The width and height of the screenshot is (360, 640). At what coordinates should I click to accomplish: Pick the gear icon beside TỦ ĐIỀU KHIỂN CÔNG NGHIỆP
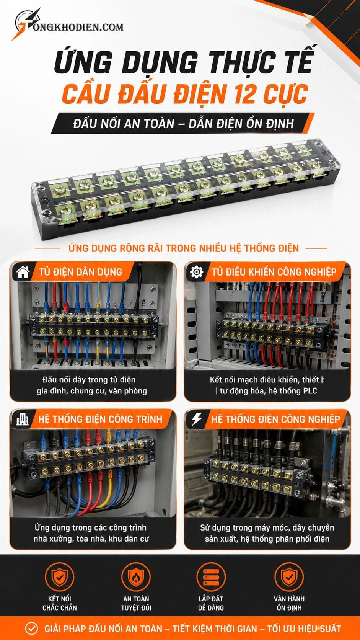pyautogui.click(x=197, y=272)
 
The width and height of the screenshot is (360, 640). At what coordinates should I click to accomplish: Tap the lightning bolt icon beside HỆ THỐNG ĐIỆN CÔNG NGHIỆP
pyautogui.click(x=197, y=420)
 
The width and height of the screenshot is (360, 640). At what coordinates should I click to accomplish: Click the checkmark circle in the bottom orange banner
pyautogui.click(x=31, y=628)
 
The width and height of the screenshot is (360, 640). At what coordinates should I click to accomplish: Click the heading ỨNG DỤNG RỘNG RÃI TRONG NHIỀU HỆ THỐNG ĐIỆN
pyautogui.click(x=184, y=248)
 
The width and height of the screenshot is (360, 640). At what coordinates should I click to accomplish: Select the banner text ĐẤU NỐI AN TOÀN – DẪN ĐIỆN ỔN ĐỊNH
pyautogui.click(x=184, y=124)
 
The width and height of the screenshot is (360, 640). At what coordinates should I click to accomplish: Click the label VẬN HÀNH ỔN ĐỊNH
pyautogui.click(x=289, y=603)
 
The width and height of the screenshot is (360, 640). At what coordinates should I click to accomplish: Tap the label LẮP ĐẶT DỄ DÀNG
pyautogui.click(x=211, y=603)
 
